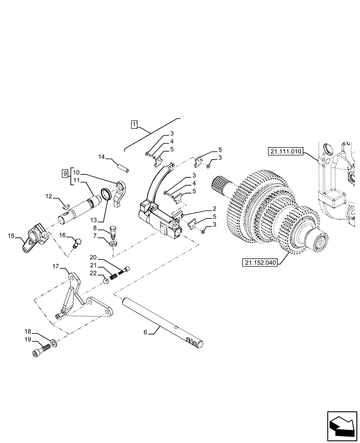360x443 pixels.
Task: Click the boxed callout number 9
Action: click(x=65, y=172)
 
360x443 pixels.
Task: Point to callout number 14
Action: click(x=102, y=157)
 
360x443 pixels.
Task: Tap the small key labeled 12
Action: click(x=66, y=205)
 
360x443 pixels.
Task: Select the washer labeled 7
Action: click(x=112, y=243)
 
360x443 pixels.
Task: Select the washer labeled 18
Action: click(x=53, y=342)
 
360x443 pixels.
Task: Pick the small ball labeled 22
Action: click(x=107, y=280)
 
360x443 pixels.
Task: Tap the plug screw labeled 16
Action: click(x=77, y=242)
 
